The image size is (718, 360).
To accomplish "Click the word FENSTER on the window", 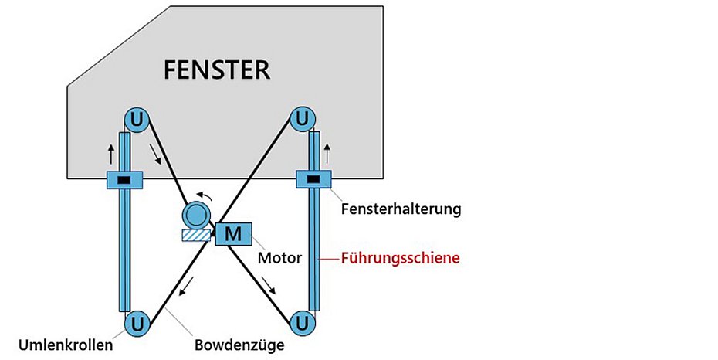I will pyautogui.click(x=216, y=70).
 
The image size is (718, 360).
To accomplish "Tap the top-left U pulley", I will pyautogui.click(x=137, y=119).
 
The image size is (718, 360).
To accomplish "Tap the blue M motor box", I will pyautogui.click(x=232, y=233).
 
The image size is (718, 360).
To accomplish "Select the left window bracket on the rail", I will pyautogui.click(x=124, y=180).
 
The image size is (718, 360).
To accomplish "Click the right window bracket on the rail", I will pyautogui.click(x=313, y=180).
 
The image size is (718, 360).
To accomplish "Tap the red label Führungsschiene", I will pyautogui.click(x=400, y=258).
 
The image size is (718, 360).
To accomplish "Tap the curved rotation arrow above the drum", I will pyautogui.click(x=203, y=195).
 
